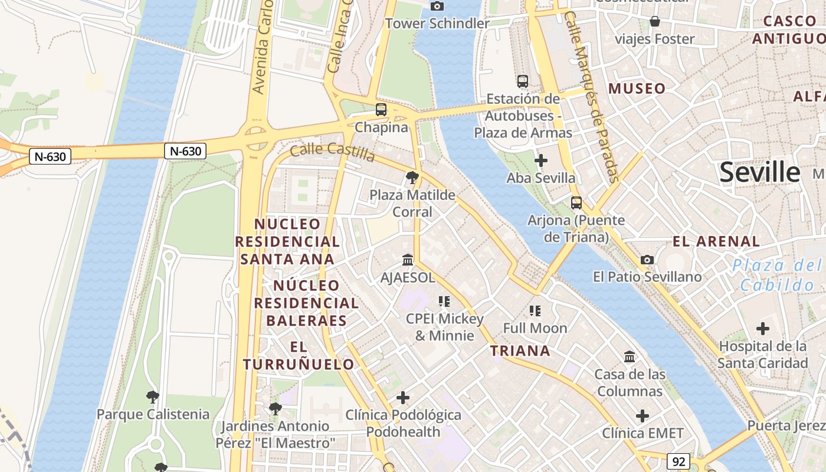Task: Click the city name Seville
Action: tap(760, 172)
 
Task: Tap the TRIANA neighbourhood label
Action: tap(520, 351)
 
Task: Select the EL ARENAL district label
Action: tap(716, 241)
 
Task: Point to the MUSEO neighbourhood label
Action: tap(637, 89)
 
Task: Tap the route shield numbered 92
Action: tap(678, 461)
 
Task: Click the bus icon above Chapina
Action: tap(381, 110)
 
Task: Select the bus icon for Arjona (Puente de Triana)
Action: tap(576, 203)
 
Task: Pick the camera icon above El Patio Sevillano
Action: tap(647, 260)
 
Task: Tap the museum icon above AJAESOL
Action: tap(408, 260)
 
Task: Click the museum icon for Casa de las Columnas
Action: tap(630, 357)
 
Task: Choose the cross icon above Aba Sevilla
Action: tap(540, 160)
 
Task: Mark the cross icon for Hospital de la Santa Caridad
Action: tap(763, 329)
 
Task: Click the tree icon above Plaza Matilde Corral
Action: tap(412, 177)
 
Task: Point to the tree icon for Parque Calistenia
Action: tap(153, 396)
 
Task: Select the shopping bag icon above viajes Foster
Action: tap(655, 22)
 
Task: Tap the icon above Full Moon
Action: tap(535, 310)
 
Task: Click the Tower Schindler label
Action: tap(437, 24)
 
